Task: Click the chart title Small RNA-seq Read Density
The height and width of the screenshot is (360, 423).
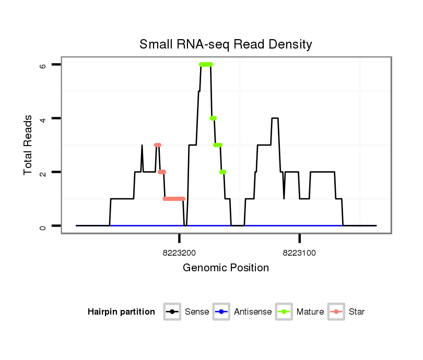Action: (x=226, y=44)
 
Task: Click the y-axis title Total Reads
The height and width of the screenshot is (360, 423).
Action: (x=28, y=145)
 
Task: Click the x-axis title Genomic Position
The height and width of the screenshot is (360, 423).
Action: (x=226, y=268)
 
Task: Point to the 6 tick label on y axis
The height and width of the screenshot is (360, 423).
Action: (x=43, y=65)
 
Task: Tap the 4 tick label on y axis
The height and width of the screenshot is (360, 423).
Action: (x=43, y=118)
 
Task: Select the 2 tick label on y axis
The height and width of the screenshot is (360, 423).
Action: (x=43, y=172)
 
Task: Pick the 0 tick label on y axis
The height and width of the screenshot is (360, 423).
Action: (x=43, y=226)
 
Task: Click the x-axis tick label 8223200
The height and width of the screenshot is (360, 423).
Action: (x=180, y=253)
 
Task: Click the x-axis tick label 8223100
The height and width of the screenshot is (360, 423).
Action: (x=299, y=253)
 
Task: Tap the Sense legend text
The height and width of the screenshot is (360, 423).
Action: (x=197, y=312)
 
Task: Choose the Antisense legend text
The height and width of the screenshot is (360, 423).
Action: (x=253, y=312)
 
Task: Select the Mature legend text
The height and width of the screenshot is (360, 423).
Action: (x=310, y=312)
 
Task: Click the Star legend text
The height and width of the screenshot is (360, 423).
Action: (x=357, y=312)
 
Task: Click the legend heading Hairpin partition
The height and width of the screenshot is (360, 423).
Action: (x=121, y=312)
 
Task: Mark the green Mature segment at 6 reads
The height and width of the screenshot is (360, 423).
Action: (x=206, y=64)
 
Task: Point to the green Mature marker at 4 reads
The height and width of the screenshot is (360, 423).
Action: (x=213, y=118)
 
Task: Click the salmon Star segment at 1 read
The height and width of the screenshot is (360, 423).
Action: (x=174, y=199)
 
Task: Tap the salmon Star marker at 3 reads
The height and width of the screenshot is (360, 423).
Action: (x=157, y=145)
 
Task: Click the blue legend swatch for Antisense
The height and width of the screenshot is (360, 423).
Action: (x=222, y=312)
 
